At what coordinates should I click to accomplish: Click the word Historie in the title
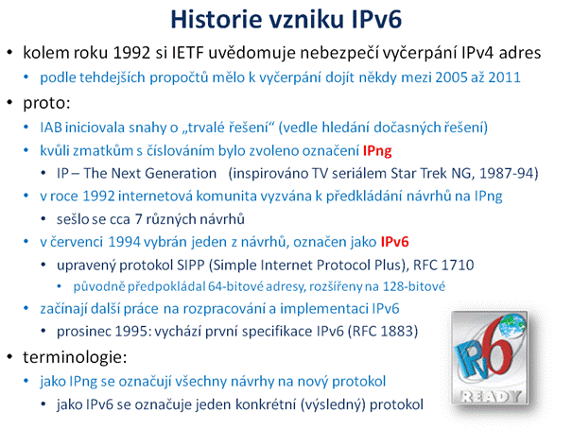(217, 19)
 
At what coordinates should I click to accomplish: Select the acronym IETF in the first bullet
(187, 53)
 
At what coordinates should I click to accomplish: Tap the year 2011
(505, 77)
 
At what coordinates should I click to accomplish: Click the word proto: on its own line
(46, 103)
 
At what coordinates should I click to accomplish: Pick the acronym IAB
(51, 128)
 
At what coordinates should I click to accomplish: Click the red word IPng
(377, 151)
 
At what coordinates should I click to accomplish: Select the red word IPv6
(394, 242)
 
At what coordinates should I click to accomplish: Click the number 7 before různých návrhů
(138, 219)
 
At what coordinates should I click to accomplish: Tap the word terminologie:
(75, 357)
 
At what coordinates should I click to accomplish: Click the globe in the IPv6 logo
(512, 325)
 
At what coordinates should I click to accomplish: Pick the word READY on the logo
(491, 396)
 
